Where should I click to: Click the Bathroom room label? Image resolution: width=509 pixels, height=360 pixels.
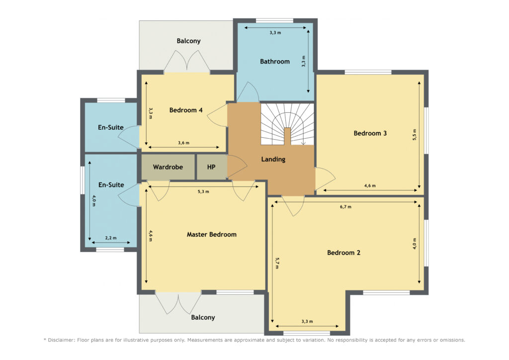pos(274,61)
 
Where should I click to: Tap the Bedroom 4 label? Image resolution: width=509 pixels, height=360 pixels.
pos(186,110)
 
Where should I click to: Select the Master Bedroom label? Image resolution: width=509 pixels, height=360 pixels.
pos(212,234)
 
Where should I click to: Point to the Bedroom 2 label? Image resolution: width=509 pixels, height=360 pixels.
pos(343,253)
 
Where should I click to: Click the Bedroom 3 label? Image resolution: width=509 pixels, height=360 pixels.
pos(370,133)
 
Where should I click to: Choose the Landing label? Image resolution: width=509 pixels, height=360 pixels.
pos(273,159)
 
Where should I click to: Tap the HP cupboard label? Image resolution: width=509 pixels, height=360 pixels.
pos(211,167)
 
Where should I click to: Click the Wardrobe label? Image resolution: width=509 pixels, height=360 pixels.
pos(168,167)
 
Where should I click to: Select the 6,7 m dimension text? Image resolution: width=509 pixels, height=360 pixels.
pos(345,207)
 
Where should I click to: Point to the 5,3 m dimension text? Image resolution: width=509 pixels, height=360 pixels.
pos(203,191)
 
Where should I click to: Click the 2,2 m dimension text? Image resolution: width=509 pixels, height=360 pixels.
pos(111,238)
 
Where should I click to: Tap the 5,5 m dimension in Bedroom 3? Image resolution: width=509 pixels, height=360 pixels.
pos(414,135)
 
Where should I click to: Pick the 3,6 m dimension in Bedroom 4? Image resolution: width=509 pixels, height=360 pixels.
pos(183,143)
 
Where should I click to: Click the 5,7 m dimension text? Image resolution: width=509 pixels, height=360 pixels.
pos(277,263)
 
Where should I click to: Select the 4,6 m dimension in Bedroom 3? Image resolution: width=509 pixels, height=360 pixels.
pos(370,185)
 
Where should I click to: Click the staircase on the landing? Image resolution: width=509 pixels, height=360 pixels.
pos(287,124)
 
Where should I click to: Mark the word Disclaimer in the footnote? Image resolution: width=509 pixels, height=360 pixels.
pos(62,340)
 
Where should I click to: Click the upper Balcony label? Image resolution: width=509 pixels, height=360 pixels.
pos(188,41)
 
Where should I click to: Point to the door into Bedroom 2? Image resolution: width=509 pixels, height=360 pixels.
pos(293,206)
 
